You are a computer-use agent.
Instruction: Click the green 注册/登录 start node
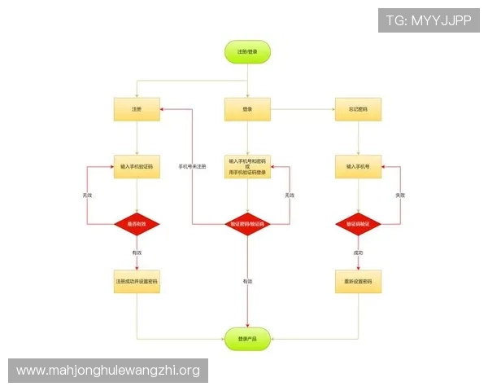247,51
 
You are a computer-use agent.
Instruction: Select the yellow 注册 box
137,108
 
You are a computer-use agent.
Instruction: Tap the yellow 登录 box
247,108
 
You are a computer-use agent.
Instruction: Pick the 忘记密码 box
358,108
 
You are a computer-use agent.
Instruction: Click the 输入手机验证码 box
137,166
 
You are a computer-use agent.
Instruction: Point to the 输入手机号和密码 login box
247,167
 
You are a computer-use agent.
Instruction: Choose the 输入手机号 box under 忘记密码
358,166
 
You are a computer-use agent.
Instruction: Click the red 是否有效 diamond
137,223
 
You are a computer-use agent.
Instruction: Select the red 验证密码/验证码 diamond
247,223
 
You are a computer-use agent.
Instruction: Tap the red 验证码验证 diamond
358,223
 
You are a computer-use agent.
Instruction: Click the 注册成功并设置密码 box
137,281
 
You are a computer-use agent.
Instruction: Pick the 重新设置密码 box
358,281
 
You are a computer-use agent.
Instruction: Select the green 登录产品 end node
247,338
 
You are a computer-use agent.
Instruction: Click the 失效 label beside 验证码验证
399,195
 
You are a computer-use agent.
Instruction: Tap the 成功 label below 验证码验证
358,253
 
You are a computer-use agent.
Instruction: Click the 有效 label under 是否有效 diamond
137,253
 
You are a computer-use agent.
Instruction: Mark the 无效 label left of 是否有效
87,195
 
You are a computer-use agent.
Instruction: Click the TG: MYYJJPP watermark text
428,20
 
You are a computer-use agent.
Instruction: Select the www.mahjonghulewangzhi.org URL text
107,371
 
